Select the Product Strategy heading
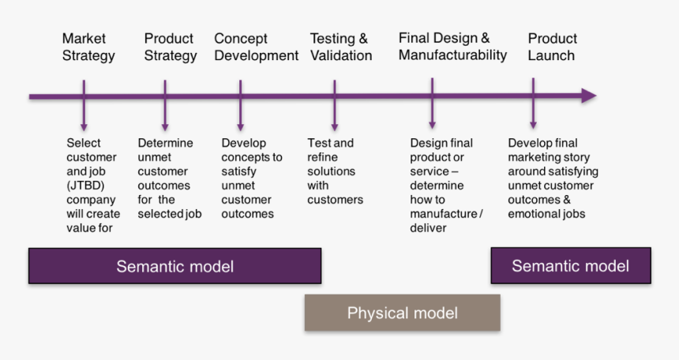coord(170,47)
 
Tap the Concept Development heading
coord(256,47)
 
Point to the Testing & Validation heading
coord(340,47)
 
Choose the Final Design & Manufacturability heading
coord(452,47)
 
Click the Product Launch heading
coord(552,47)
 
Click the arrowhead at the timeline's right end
coord(588,96)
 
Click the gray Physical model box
coord(402,313)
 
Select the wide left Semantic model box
coord(174,266)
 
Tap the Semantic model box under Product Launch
coord(570,265)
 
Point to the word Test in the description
coord(318,144)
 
